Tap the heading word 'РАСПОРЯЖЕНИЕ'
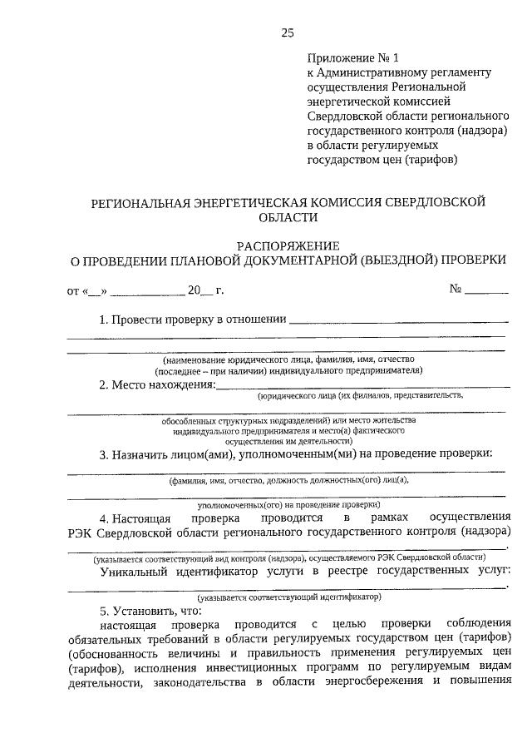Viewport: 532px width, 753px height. coord(288,246)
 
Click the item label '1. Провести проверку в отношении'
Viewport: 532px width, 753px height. coord(193,320)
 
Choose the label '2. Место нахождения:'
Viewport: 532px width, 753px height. coord(157,384)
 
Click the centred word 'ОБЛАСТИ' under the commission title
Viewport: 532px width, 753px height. coord(288,216)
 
